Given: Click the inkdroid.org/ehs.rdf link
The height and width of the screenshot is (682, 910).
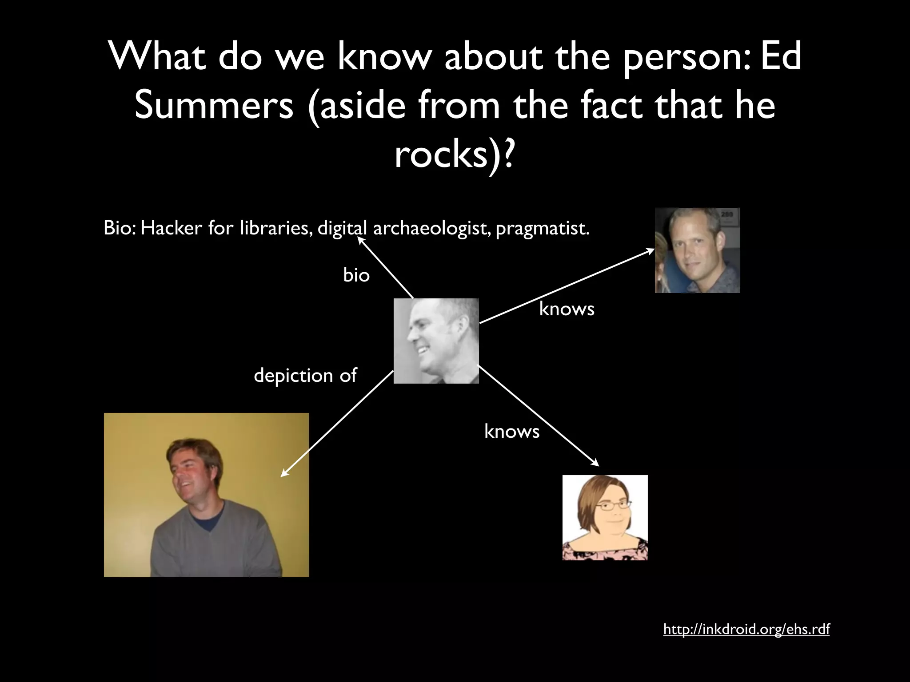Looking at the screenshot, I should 746,629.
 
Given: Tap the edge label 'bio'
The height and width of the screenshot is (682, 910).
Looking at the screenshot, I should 356,275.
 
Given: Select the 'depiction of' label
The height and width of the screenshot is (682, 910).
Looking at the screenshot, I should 305,376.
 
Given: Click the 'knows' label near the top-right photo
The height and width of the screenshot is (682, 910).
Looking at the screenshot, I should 567,309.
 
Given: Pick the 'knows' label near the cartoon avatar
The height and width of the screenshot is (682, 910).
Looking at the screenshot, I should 511,431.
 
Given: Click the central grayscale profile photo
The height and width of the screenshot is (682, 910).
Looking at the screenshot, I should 436,341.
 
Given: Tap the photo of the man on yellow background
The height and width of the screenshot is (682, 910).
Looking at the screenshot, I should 206,495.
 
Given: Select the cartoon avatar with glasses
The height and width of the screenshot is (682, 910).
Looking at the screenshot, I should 605,517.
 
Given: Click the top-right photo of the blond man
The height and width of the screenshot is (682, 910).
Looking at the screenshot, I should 697,250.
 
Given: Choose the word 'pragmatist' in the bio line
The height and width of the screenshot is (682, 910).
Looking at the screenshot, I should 542,228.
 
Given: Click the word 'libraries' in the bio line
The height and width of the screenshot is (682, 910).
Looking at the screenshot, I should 275,228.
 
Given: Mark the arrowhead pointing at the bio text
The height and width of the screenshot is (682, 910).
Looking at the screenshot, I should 360,240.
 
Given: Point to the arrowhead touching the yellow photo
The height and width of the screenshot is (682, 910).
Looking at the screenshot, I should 283,474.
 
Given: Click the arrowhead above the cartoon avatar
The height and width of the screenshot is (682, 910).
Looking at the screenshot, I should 596,464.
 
